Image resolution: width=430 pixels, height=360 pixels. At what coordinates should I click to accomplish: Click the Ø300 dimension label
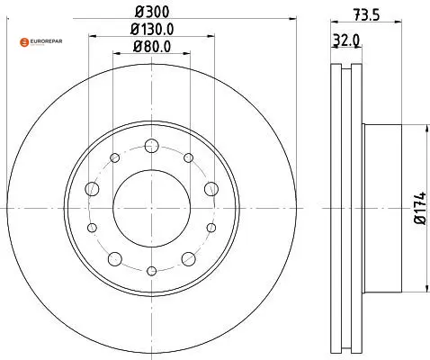[x=152, y=12]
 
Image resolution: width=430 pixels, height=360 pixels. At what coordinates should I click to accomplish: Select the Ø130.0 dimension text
[x=152, y=29]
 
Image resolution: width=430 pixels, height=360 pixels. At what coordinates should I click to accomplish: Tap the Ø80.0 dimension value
[x=152, y=47]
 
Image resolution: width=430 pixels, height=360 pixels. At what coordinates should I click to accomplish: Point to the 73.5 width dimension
[x=366, y=14]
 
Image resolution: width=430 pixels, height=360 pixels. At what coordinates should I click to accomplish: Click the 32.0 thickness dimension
[x=346, y=40]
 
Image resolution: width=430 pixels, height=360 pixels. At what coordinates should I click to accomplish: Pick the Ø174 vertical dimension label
[x=420, y=208]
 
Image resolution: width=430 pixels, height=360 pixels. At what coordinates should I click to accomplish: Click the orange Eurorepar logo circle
[x=24, y=42]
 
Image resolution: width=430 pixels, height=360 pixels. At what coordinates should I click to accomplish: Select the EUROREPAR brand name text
[x=46, y=41]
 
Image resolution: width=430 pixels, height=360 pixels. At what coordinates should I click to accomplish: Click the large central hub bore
[x=152, y=209]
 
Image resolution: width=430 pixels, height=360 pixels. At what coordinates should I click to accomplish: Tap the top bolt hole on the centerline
[x=151, y=146]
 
